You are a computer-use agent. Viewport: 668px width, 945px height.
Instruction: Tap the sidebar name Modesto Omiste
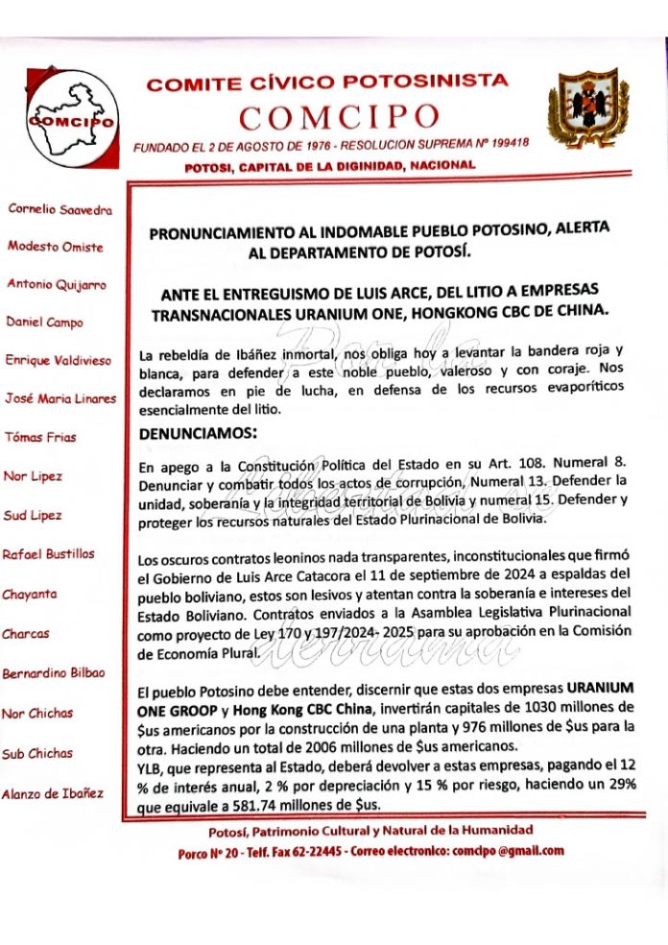[56, 246]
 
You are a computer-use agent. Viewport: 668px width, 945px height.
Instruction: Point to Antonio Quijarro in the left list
[57, 284]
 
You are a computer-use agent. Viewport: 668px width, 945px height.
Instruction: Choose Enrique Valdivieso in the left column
[59, 360]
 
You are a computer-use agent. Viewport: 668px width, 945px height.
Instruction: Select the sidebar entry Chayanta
[30, 594]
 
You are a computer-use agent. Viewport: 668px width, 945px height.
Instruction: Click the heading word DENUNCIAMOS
[197, 433]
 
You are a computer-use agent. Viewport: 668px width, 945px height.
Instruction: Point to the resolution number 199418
[508, 144]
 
